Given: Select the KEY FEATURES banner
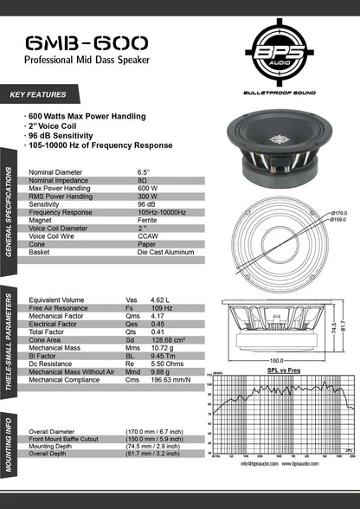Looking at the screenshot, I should click(x=40, y=93).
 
